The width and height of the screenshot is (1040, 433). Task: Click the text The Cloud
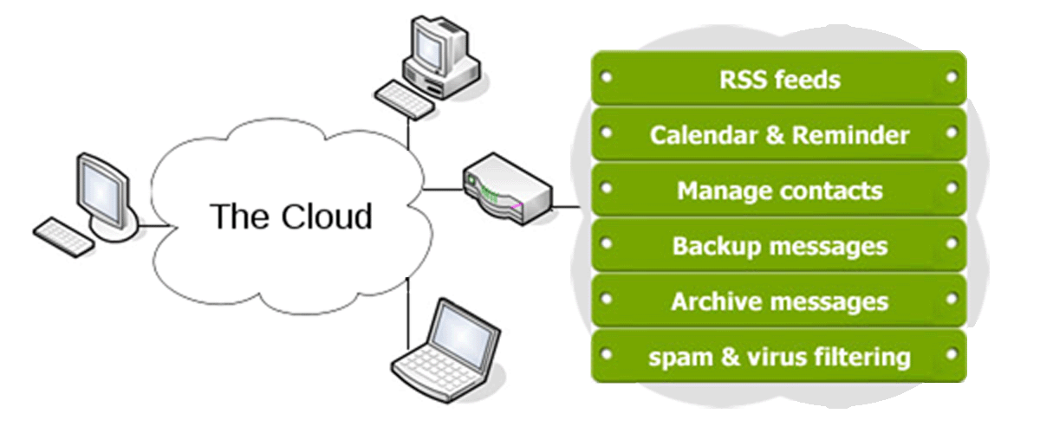[x=291, y=216]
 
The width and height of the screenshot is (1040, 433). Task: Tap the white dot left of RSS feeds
[x=607, y=77]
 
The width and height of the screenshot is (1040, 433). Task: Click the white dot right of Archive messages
[x=952, y=299]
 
